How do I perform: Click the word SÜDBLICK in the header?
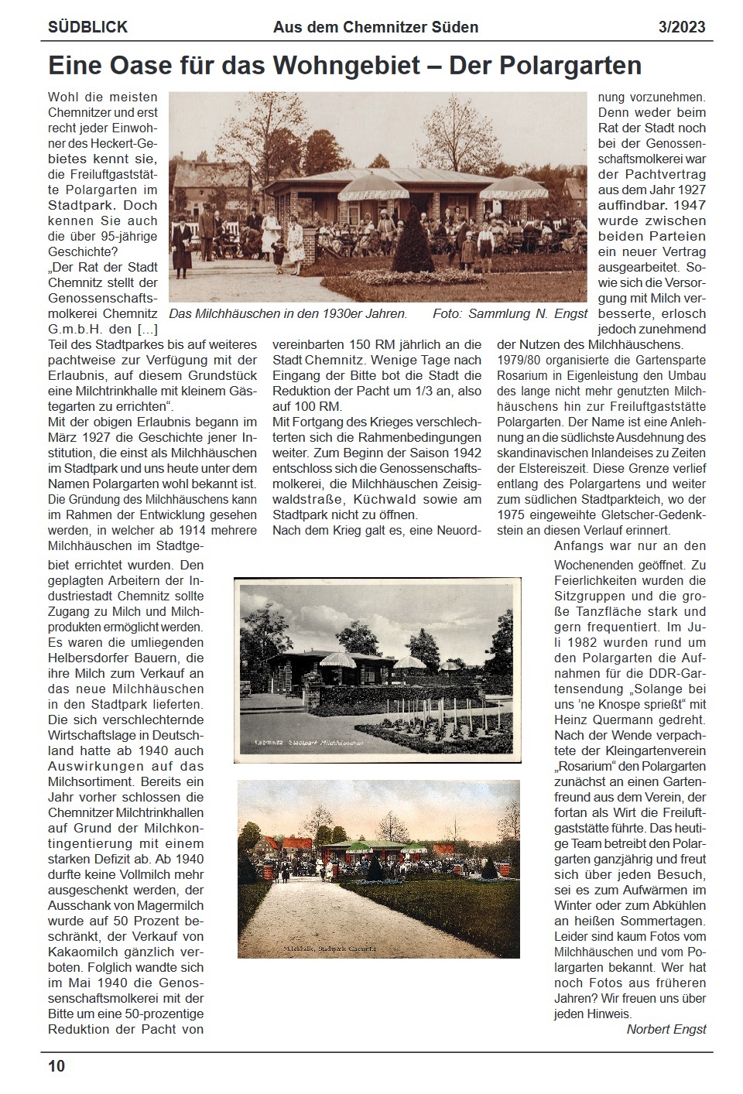pyautogui.click(x=87, y=27)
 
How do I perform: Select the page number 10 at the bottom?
pyautogui.click(x=56, y=1066)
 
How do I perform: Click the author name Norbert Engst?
pyautogui.click(x=666, y=1029)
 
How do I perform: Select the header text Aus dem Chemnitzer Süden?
pyautogui.click(x=375, y=27)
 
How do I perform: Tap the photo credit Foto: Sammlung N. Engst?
pyautogui.click(x=510, y=314)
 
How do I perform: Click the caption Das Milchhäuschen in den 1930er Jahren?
pyautogui.click(x=288, y=314)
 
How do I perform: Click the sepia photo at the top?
pyautogui.click(x=378, y=197)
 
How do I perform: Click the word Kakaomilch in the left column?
pyautogui.click(x=84, y=952)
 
